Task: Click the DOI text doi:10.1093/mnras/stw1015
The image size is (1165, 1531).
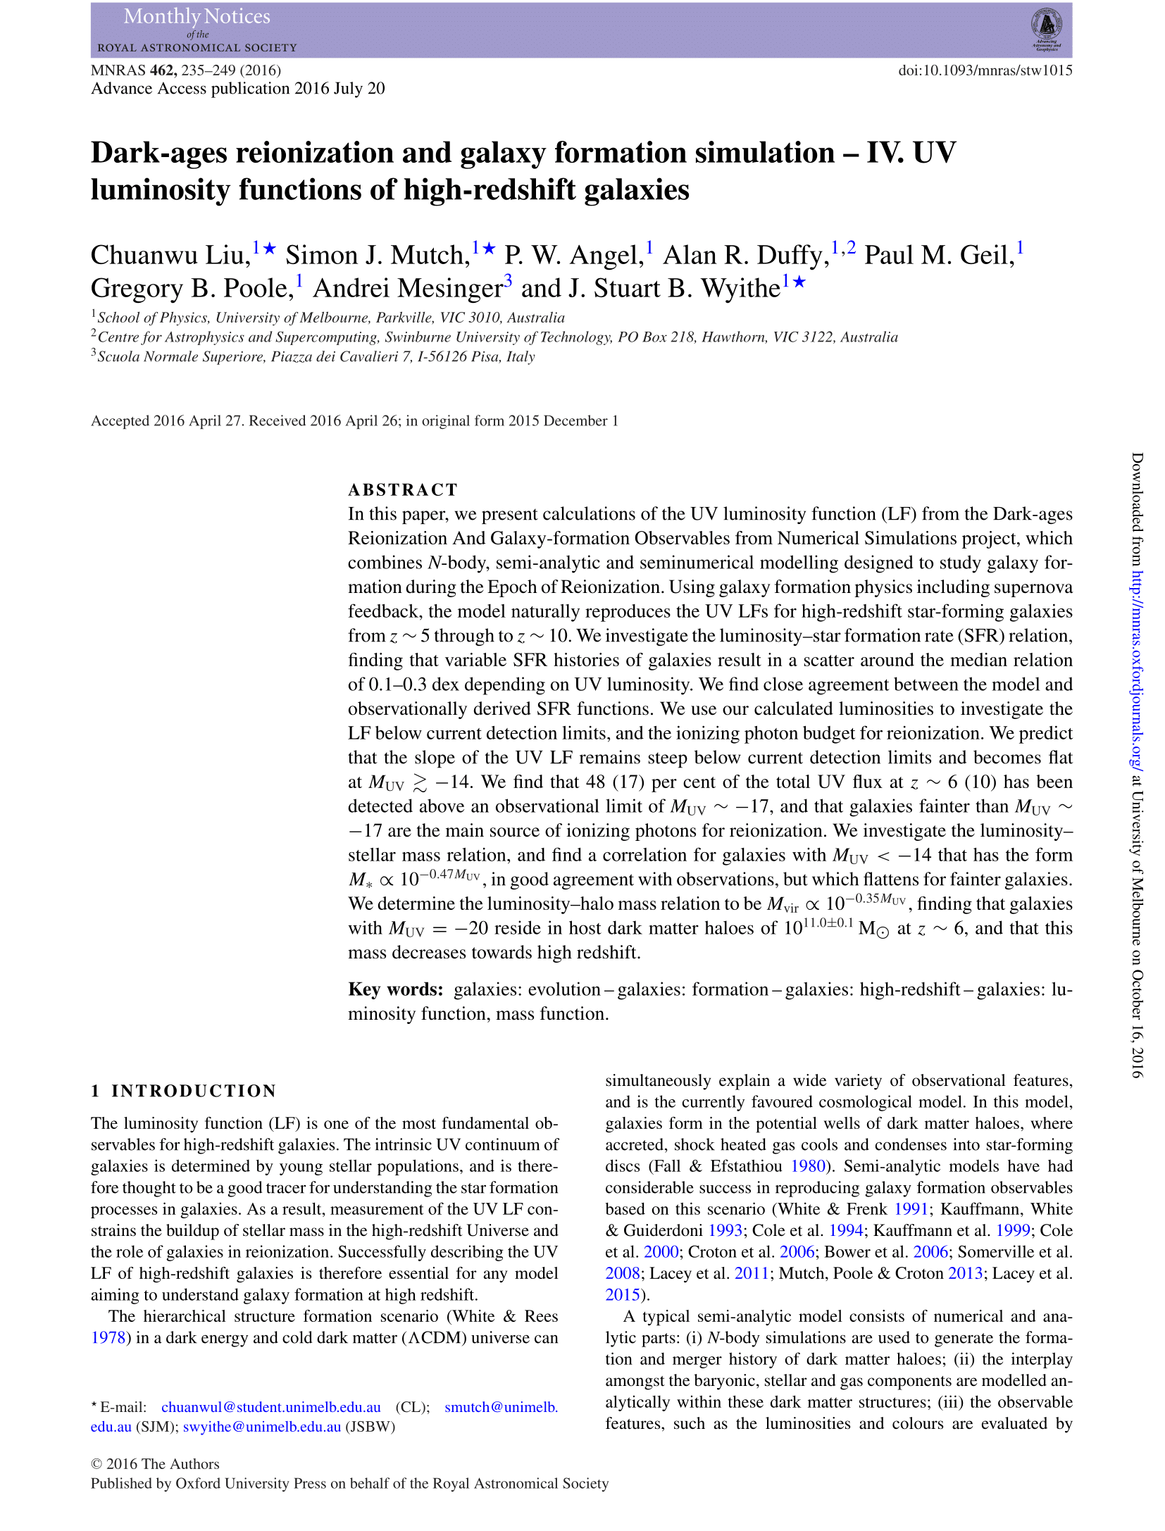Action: pos(985,70)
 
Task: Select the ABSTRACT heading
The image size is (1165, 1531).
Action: pos(403,489)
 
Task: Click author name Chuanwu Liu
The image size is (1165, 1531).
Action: pos(170,255)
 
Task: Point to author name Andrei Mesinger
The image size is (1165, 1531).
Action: pos(408,289)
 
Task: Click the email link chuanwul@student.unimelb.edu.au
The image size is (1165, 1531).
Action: pos(271,1407)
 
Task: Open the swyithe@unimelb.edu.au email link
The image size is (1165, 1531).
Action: pos(262,1427)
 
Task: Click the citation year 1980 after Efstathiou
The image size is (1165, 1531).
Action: pos(807,1166)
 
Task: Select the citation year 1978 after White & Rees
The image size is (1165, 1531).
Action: pos(108,1338)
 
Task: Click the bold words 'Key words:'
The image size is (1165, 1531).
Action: pos(395,989)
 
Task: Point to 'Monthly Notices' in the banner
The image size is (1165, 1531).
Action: pos(197,16)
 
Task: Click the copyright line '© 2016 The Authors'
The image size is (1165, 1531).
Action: pos(155,1464)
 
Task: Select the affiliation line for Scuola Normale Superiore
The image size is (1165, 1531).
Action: pos(316,357)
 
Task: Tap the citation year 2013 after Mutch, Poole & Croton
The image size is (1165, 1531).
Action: pos(965,1273)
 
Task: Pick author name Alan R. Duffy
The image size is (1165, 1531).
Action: pos(746,255)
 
